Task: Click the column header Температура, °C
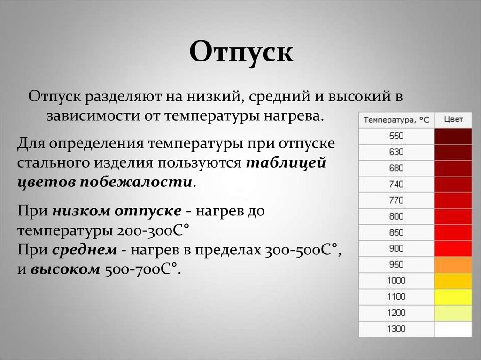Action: point(396,120)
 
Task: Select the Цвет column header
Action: point(453,120)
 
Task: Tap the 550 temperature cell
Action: point(396,136)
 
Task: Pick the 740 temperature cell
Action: point(396,184)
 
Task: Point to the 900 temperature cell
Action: point(396,249)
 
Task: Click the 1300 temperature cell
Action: point(396,329)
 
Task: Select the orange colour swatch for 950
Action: point(453,265)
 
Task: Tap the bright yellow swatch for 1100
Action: point(453,297)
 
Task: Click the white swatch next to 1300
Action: point(453,329)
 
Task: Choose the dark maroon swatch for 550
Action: point(453,136)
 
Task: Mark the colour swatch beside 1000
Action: point(453,281)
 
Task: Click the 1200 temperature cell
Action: point(396,313)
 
